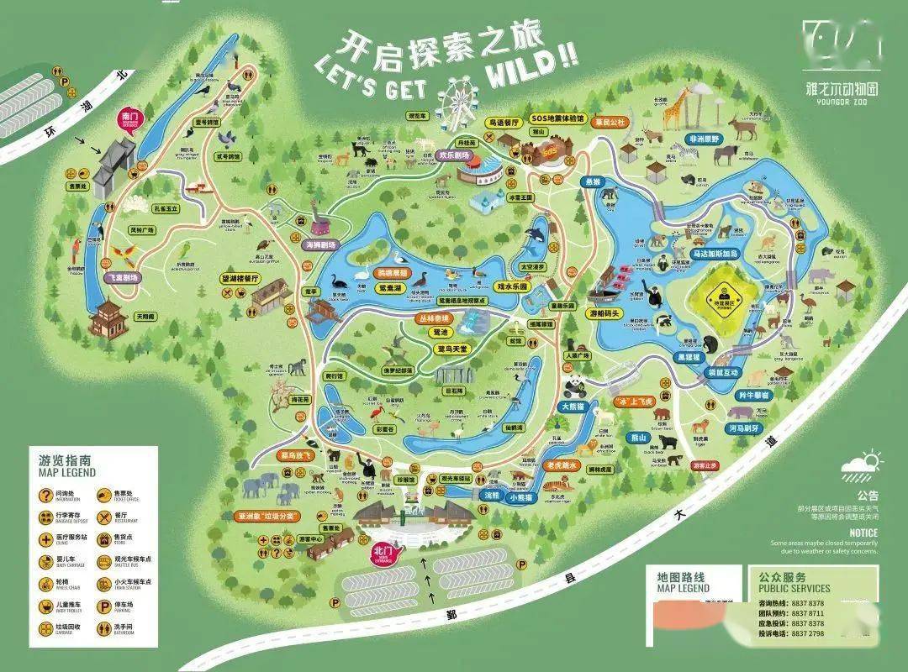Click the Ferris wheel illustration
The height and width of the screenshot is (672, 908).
pos(459,98)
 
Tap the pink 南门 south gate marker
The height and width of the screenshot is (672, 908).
pos(129,120)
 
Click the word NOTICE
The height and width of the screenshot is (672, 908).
pos(863,533)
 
